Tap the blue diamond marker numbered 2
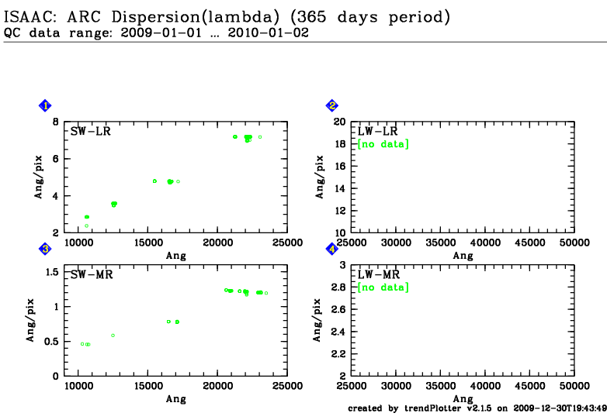pyautogui.click(x=331, y=105)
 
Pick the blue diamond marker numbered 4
pyautogui.click(x=331, y=249)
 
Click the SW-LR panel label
pyautogui.click(x=91, y=131)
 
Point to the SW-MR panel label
pyautogui.click(x=91, y=274)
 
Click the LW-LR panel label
pyautogui.click(x=377, y=131)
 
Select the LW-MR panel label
pyautogui.click(x=377, y=274)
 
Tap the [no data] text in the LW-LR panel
pyautogui.click(x=383, y=144)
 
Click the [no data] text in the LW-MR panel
pyautogui.click(x=383, y=287)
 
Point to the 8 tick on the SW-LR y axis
pyautogui.click(x=56, y=122)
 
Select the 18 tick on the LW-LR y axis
pyautogui.click(x=339, y=144)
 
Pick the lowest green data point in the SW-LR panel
pyautogui.click(x=86, y=226)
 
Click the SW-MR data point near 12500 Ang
pyautogui.click(x=113, y=336)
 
